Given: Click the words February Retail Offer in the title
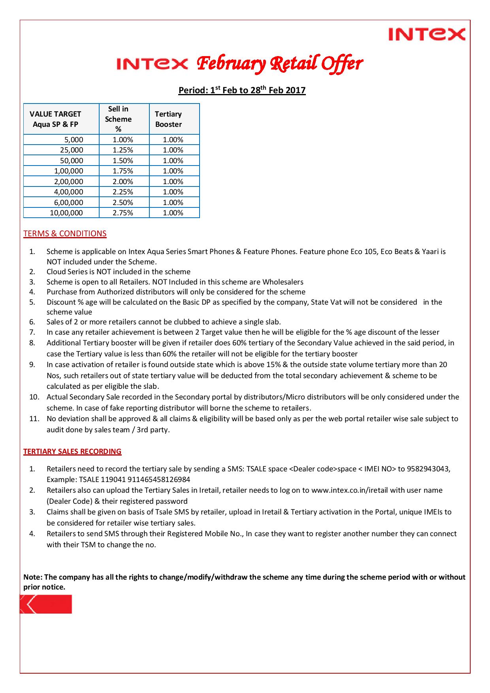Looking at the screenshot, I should pos(280,64).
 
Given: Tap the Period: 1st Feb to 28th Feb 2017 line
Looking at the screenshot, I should pos(242,90).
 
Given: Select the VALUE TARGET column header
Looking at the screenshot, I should pos(55,119).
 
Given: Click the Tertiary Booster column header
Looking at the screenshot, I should pos(168,119).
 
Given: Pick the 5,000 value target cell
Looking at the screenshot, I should pos(73,139).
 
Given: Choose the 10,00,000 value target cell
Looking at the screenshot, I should pos(66,213).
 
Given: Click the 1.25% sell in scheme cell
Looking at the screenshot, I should pos(123,150).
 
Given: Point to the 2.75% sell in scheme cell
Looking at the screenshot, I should pos(123,213).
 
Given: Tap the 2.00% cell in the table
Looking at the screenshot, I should pos(123,182).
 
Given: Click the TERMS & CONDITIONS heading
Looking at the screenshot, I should pos(65,234).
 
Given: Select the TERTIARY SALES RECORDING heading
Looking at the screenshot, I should pos(72,452).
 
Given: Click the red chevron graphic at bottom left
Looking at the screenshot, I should pos(46,604).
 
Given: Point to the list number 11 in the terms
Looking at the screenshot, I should pos(34,419).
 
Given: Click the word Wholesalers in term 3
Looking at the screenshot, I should pos(283,282).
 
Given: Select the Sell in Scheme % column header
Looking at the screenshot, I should pos(118,119).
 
